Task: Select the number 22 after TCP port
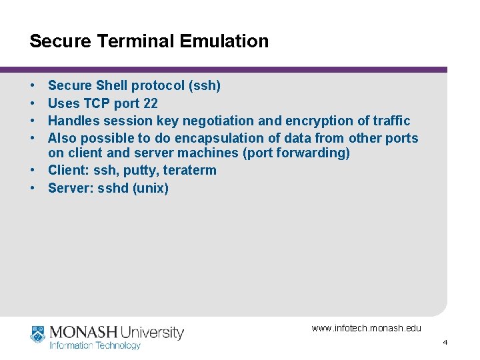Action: click(150, 103)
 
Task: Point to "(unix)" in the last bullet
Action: click(151, 188)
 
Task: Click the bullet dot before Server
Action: click(33, 188)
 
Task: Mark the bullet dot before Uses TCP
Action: click(33, 103)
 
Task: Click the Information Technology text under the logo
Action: click(95, 345)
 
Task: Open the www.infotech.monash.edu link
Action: click(366, 328)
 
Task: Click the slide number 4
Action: click(445, 342)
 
